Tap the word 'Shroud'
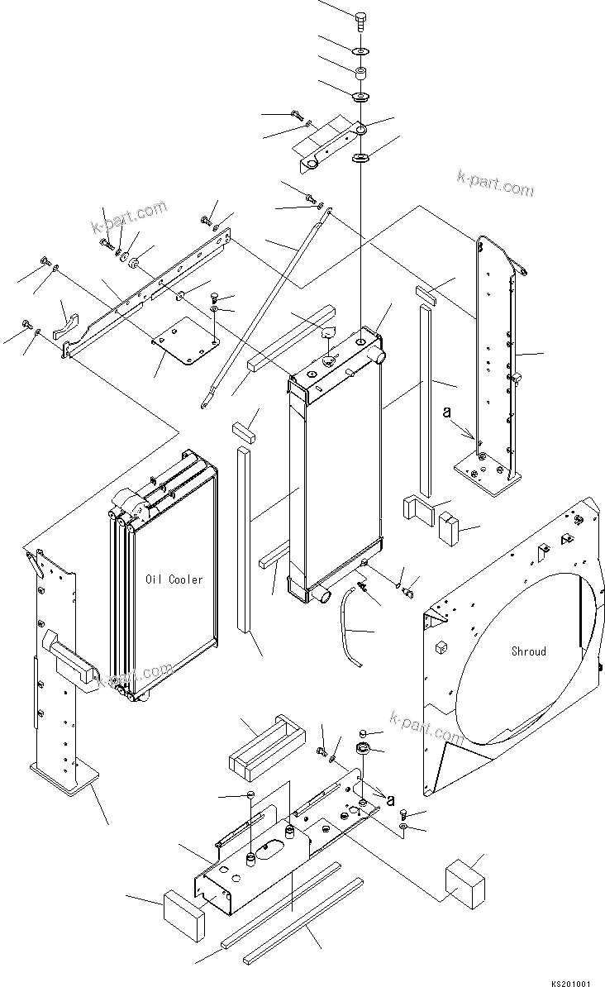(x=528, y=651)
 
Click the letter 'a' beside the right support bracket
(x=469, y=411)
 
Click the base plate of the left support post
(x=65, y=777)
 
